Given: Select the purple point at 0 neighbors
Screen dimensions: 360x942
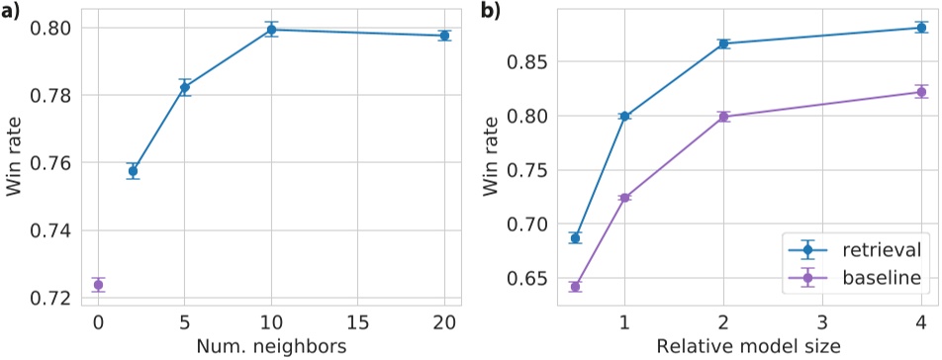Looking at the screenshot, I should point(98,285).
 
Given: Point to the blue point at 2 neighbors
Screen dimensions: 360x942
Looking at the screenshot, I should point(133,171).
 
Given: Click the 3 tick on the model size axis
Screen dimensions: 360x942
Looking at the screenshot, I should point(822,322).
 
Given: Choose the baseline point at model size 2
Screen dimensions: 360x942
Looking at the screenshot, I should point(723,117).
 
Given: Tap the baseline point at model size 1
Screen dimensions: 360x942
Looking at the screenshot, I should point(624,198).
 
